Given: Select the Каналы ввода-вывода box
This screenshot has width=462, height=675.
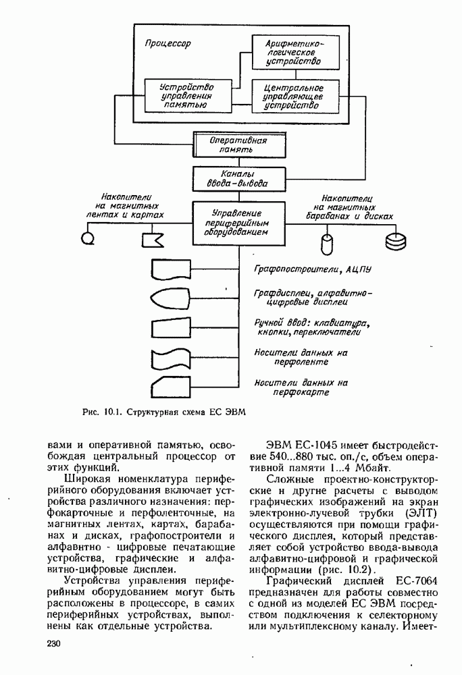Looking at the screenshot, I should point(235,178).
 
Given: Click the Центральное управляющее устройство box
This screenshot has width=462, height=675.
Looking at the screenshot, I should point(292,97).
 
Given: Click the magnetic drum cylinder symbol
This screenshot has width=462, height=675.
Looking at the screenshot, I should point(328,241).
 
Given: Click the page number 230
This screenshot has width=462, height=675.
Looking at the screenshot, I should point(55,644).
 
